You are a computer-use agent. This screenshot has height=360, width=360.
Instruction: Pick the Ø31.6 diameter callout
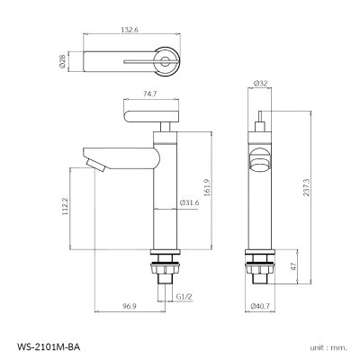click(x=189, y=204)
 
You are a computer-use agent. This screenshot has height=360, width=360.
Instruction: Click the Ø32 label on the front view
click(x=262, y=83)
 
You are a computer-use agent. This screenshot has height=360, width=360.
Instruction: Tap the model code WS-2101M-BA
click(x=49, y=344)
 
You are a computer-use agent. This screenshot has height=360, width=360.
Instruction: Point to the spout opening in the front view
click(x=259, y=163)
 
